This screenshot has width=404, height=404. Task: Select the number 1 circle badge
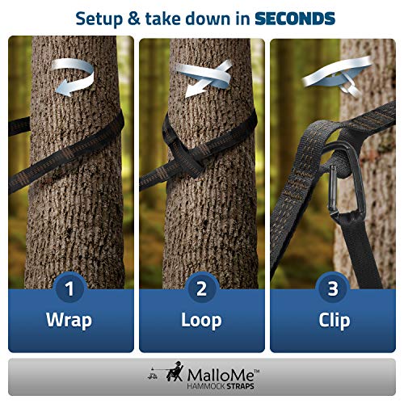click(x=69, y=287)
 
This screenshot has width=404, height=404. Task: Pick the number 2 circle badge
click(x=201, y=287)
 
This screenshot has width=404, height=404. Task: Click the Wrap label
click(x=69, y=320)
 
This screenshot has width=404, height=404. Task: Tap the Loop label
click(x=201, y=320)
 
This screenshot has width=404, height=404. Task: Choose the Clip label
click(x=333, y=320)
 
